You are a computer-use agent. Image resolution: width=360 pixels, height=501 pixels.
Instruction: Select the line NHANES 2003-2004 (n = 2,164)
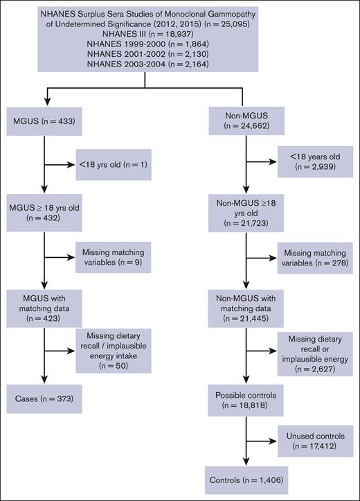(x=143, y=64)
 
